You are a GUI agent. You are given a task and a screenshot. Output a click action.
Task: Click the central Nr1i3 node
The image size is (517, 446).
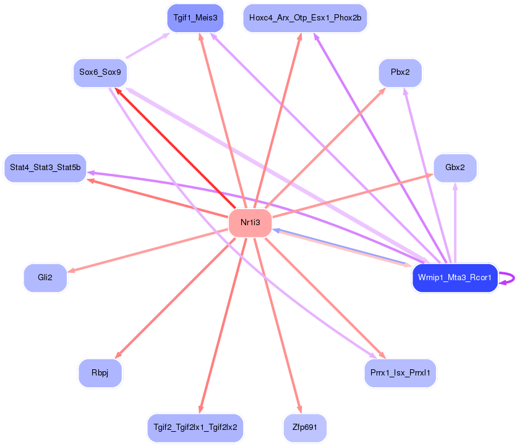[x=250, y=223]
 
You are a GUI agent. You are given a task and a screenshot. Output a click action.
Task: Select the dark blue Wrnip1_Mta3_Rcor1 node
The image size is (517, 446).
[x=455, y=278]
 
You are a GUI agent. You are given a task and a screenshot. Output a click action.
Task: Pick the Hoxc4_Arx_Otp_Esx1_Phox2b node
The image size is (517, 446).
[x=305, y=18]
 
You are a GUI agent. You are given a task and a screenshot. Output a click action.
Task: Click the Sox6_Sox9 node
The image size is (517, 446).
[x=100, y=72]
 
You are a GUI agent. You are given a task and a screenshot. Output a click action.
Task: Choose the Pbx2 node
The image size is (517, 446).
[x=400, y=72]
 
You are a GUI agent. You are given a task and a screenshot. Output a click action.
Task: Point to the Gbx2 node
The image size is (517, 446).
[x=455, y=168]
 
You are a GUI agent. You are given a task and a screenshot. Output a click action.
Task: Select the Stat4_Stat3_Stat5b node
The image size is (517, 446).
[x=45, y=168]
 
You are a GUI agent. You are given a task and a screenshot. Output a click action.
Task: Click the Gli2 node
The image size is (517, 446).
[x=45, y=278]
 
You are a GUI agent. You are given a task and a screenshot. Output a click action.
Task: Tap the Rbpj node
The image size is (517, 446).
[x=100, y=373]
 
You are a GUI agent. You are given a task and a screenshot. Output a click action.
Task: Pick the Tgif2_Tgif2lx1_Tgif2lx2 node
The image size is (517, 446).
[x=195, y=427]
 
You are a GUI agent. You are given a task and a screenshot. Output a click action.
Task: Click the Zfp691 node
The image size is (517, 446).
[x=305, y=427]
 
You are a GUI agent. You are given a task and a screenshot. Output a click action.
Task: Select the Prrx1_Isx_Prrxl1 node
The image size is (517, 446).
[x=400, y=373]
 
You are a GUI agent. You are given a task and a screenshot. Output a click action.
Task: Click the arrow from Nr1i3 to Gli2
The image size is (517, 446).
[x=148, y=251]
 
